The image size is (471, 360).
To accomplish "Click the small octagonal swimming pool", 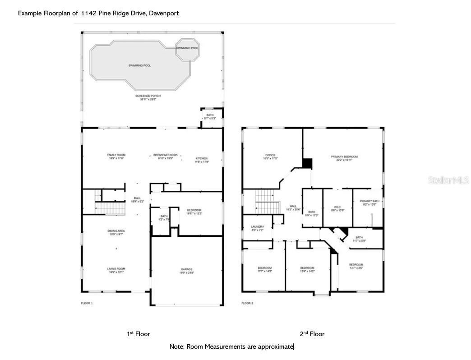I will [x=187, y=49].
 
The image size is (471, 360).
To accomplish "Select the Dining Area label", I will [x=115, y=233].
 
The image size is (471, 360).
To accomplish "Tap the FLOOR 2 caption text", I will [x=247, y=303].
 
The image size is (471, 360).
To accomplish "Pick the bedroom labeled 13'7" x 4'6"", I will [x=356, y=266].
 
